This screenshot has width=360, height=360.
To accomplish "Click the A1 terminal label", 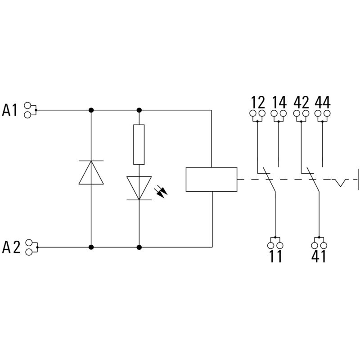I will [10, 110].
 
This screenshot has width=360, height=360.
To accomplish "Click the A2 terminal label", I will [11, 247].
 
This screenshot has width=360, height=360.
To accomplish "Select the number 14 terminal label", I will [279, 102].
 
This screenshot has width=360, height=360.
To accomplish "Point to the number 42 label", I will [301, 102].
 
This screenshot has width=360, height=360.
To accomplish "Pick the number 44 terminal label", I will [322, 102].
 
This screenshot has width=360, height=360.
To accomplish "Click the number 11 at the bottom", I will [275, 257].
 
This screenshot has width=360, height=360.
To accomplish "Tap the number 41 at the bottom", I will [318, 257].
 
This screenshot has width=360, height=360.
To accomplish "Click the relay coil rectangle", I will [211, 179].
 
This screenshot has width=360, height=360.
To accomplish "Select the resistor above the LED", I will [139, 144].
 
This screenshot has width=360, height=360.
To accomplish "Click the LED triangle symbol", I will [139, 187].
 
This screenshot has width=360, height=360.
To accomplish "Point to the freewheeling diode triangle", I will [91, 172].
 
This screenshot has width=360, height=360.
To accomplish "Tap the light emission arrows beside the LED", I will [161, 192].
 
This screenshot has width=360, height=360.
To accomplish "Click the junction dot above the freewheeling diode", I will [91, 110].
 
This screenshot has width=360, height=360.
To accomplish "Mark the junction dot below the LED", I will [139, 247].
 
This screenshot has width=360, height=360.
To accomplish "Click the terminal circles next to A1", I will [29, 110].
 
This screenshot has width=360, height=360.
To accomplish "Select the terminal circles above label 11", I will [275, 245].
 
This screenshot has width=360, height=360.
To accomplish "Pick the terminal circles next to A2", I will [29, 247].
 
